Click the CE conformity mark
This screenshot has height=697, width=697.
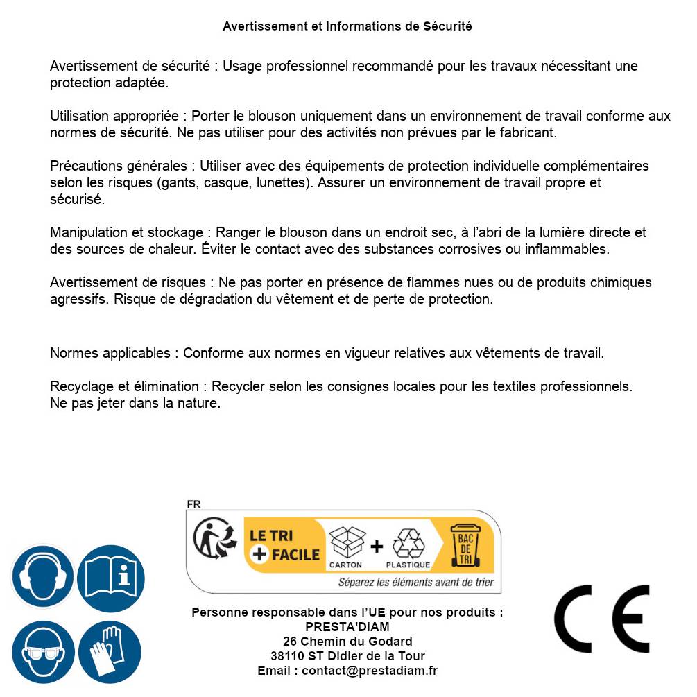[601, 619]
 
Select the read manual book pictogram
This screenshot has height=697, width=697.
[111, 577]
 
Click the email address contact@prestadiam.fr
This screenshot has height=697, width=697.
[369, 671]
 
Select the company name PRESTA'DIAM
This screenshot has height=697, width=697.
[347, 627]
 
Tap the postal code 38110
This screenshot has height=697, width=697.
[286, 656]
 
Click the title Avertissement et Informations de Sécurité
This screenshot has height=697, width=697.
[347, 26]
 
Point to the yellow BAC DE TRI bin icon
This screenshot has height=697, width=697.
[463, 546]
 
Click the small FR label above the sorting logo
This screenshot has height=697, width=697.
[193, 504]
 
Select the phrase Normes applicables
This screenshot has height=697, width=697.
[110, 353]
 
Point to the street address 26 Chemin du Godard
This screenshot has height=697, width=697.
[347, 642]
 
